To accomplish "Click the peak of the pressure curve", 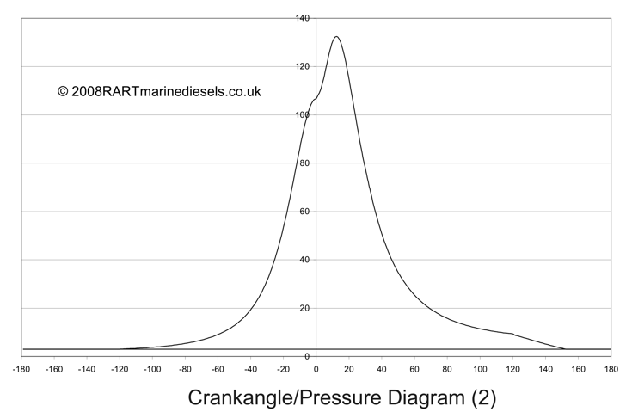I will click(x=336, y=37).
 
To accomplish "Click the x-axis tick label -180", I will click(x=21, y=370).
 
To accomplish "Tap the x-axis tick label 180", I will click(x=611, y=370).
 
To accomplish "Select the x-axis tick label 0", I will click(x=316, y=370).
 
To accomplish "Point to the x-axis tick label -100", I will click(x=152, y=370).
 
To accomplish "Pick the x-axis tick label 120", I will click(x=512, y=370).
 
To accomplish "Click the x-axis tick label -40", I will click(x=250, y=370).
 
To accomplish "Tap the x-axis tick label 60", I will click(x=414, y=370).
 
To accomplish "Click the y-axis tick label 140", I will click(x=302, y=18).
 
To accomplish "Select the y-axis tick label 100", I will click(x=302, y=114).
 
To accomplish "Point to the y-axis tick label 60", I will click(x=304, y=212).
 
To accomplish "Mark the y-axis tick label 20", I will click(x=304, y=308).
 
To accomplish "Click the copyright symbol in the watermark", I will click(x=63, y=91).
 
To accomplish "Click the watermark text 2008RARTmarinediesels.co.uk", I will click(x=166, y=91).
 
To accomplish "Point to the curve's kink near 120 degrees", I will click(x=513, y=334).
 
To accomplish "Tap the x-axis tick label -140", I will click(x=87, y=370).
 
